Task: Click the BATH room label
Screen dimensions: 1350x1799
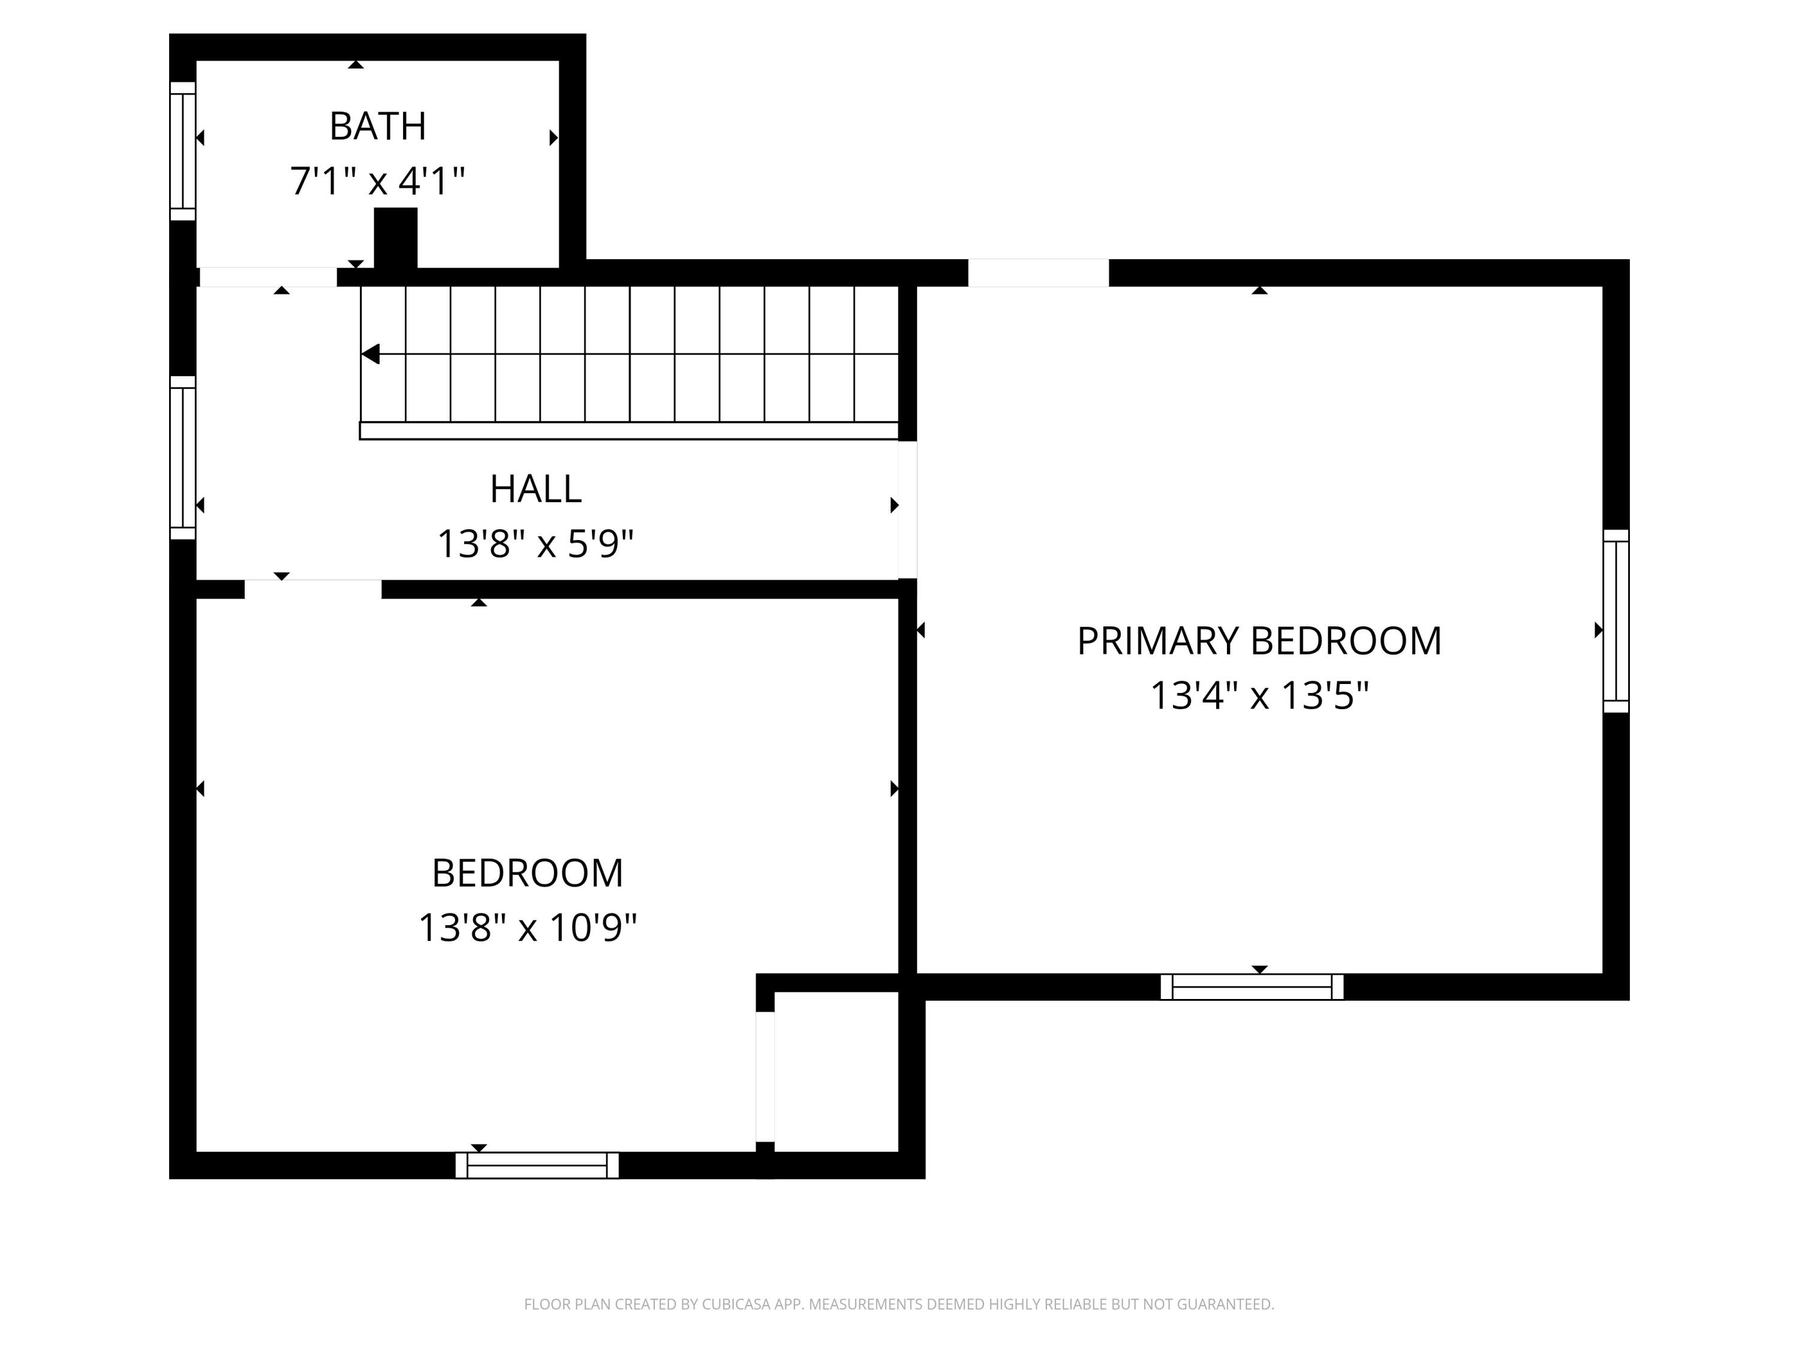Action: [x=377, y=126]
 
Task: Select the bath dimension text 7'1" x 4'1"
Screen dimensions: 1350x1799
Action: [x=377, y=181]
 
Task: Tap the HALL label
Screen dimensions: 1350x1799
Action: [x=535, y=489]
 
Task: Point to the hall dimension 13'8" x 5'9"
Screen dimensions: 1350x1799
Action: [x=535, y=544]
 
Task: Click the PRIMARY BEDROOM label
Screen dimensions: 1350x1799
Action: [x=1259, y=641]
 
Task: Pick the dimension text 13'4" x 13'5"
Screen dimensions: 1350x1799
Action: [x=1259, y=696]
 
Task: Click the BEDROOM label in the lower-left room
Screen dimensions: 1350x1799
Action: [x=527, y=873]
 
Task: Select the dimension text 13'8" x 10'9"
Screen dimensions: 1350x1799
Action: [x=527, y=928]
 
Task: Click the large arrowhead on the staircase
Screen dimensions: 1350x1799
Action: [x=371, y=354]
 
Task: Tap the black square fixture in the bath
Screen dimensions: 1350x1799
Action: [x=395, y=237]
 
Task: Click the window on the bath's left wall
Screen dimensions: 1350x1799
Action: [x=183, y=151]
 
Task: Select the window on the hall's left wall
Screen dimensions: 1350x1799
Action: [x=183, y=457]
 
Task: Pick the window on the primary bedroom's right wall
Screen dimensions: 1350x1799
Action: [x=1616, y=621]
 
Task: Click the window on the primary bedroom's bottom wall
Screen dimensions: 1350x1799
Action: [x=1252, y=986]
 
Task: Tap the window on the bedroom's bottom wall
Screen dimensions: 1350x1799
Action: [x=537, y=1165]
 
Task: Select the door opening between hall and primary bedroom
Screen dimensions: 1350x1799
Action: [x=908, y=509]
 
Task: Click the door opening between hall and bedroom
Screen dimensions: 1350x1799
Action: [x=313, y=589]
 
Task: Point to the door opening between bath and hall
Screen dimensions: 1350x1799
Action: [x=269, y=277]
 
